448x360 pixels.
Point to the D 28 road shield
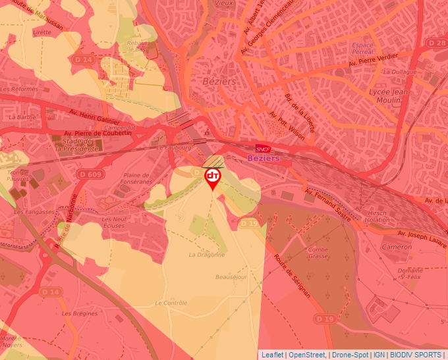click(436, 42)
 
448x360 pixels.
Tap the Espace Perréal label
click(363, 48)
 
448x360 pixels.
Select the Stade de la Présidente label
click(77, 145)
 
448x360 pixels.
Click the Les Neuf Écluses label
click(114, 222)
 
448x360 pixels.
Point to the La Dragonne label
click(207, 254)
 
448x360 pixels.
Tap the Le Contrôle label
click(171, 303)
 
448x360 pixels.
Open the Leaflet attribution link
click(272, 355)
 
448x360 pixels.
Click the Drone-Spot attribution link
click(350, 355)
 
